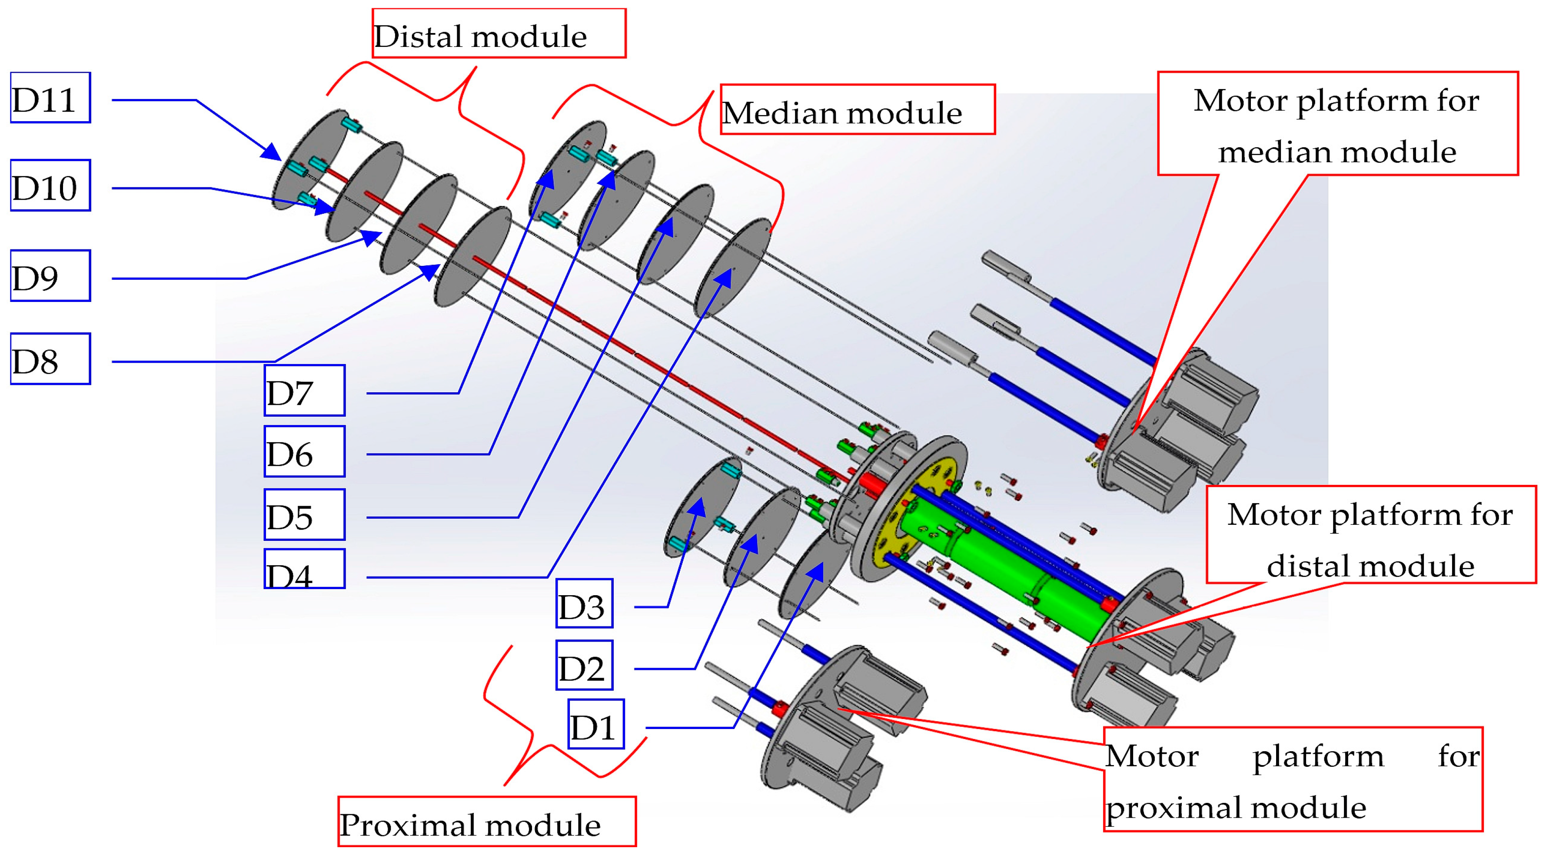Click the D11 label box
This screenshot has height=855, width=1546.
pyautogui.click(x=50, y=98)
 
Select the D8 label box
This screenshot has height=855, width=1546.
pyautogui.click(x=50, y=359)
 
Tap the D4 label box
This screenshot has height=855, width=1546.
pyautogui.click(x=304, y=569)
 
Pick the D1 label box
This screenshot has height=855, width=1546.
pyautogui.click(x=596, y=724)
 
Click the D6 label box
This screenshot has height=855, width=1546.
pyautogui.click(x=304, y=452)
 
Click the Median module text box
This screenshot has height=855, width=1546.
pyautogui.click(x=857, y=110)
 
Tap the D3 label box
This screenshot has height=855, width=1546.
pyautogui.click(x=584, y=603)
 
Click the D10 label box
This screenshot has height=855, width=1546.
pyautogui.click(x=50, y=186)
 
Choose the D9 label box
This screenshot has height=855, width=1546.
pyautogui.click(x=50, y=275)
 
